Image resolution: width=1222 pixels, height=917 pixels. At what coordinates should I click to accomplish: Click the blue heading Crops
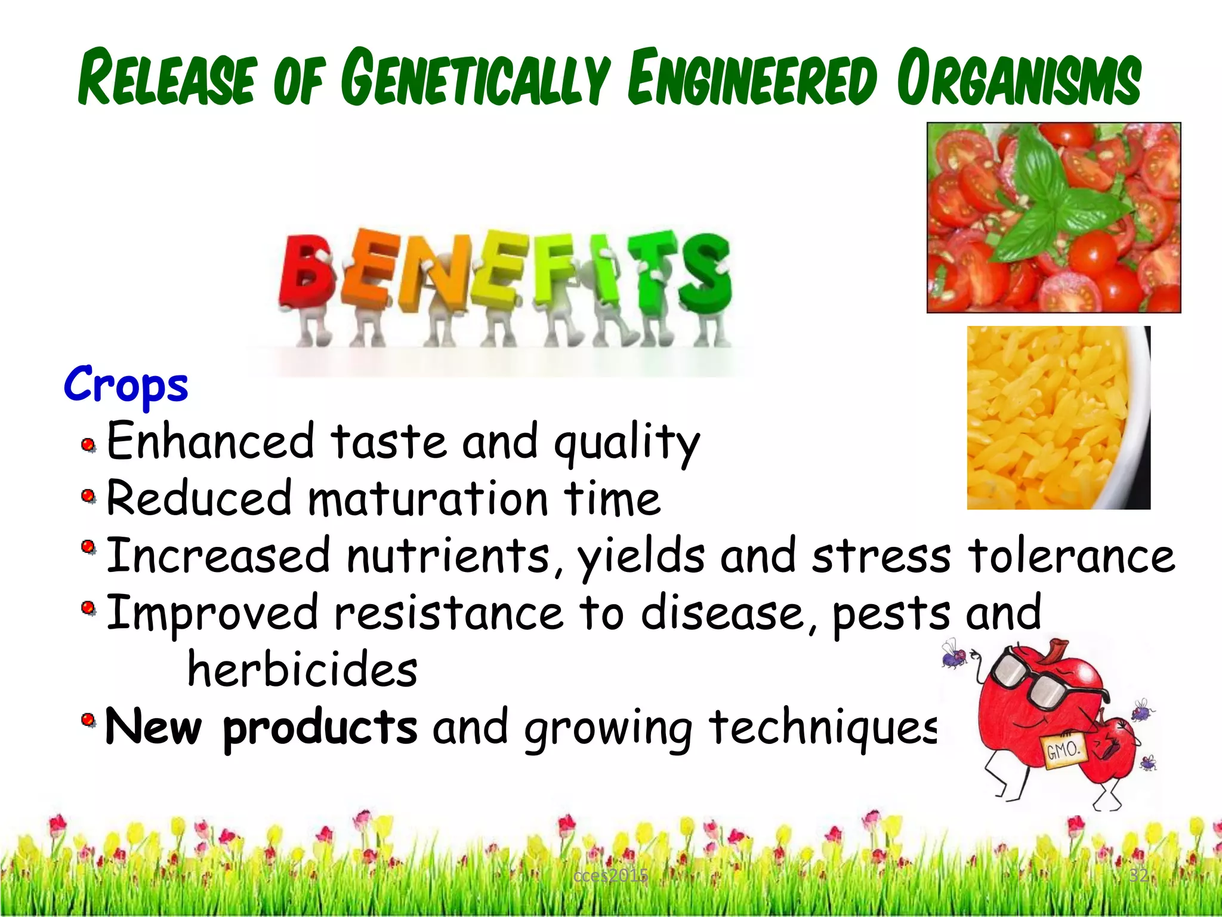(126, 384)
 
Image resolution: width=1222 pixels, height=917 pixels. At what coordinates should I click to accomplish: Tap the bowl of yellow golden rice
(1050, 418)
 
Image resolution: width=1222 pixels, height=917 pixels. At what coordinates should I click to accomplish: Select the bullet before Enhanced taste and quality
(88, 445)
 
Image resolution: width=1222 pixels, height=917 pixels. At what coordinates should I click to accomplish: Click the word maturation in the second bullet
(427, 499)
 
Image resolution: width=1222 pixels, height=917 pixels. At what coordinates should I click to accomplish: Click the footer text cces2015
(610, 876)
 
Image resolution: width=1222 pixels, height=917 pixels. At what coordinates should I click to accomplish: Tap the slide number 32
(1138, 876)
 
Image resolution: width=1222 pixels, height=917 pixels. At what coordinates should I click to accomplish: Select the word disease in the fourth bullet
(721, 614)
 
